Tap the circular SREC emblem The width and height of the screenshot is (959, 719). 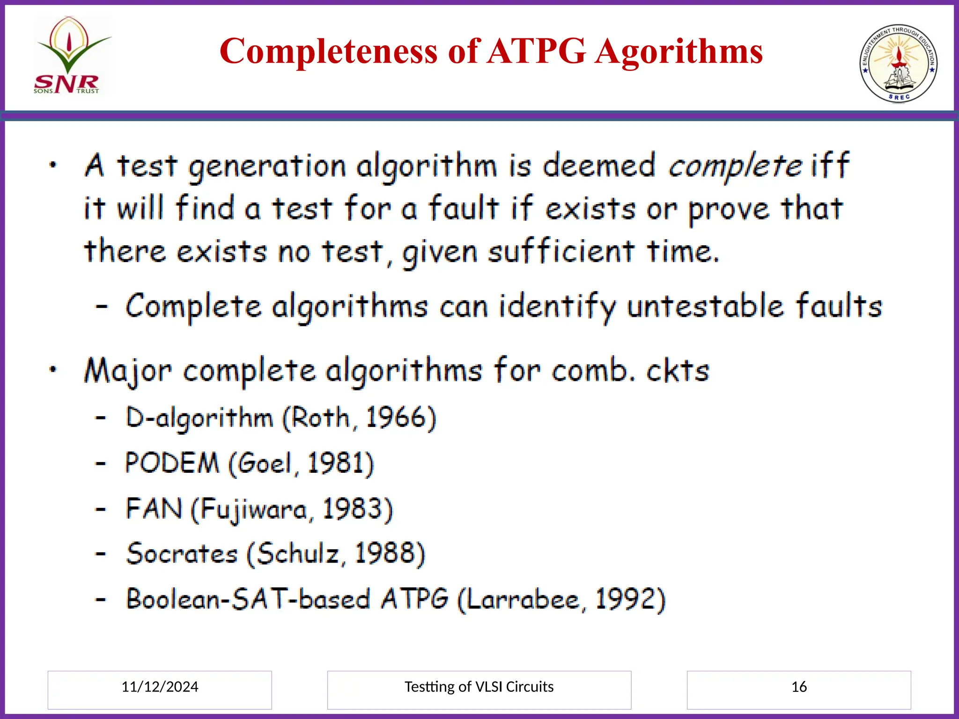click(899, 63)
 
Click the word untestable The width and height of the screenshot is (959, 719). click(705, 307)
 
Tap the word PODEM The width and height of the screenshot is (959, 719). click(172, 463)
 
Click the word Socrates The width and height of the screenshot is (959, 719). click(182, 554)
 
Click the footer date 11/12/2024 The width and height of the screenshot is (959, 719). click(160, 687)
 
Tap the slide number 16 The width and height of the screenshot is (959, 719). click(799, 687)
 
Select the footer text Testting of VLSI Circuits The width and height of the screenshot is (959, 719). click(479, 687)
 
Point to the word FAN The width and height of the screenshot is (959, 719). click(154, 509)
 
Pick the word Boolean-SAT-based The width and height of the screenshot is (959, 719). click(248, 599)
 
